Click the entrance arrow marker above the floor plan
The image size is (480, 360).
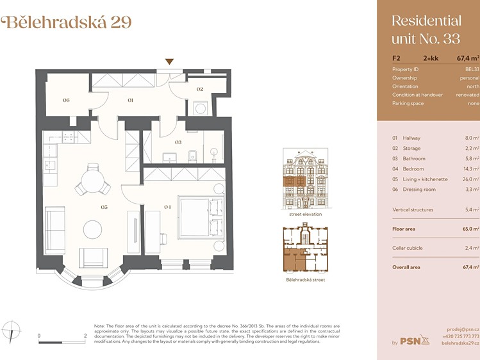[169, 61]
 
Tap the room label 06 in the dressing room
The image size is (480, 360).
[66, 100]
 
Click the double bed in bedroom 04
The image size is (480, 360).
[201, 217]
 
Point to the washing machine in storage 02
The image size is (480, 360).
[201, 109]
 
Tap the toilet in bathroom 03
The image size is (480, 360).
[192, 156]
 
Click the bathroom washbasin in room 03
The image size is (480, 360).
[169, 158]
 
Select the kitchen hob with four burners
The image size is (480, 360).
[68, 136]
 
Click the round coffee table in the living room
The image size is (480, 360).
[92, 230]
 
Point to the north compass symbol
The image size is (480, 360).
[11, 331]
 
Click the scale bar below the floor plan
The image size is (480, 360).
[62, 342]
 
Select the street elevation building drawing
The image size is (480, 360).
[306, 179]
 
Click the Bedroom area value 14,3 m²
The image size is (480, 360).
[471, 169]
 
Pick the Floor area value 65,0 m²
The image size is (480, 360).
[471, 229]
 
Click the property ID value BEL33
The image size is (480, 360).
[472, 69]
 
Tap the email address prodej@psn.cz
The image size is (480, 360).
[463, 329]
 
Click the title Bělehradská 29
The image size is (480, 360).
[67, 22]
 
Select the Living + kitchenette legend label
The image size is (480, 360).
[425, 179]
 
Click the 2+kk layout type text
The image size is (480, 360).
[431, 58]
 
